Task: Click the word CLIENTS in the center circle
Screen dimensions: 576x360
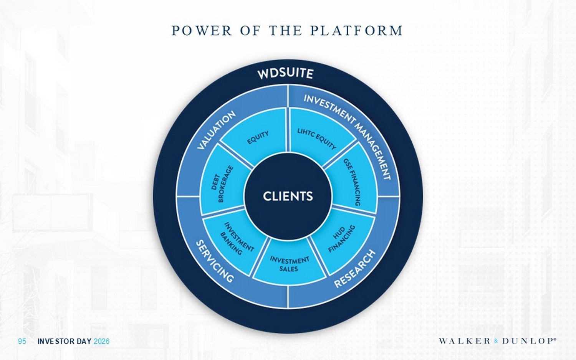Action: click(288, 197)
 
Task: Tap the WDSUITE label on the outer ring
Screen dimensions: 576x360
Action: click(285, 74)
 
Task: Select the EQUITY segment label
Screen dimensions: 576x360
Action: click(258, 137)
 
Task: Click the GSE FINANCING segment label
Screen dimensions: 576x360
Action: click(352, 182)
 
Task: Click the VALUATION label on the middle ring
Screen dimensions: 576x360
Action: click(216, 130)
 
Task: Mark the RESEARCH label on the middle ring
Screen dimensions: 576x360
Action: click(355, 269)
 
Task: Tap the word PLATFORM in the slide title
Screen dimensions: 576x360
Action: click(356, 31)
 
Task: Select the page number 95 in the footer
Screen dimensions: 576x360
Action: click(22, 342)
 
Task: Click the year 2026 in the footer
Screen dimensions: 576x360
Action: click(102, 342)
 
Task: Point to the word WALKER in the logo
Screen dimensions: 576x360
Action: click(465, 341)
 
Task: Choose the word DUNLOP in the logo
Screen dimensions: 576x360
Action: click(528, 341)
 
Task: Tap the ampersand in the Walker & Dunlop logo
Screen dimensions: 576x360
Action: click(497, 342)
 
